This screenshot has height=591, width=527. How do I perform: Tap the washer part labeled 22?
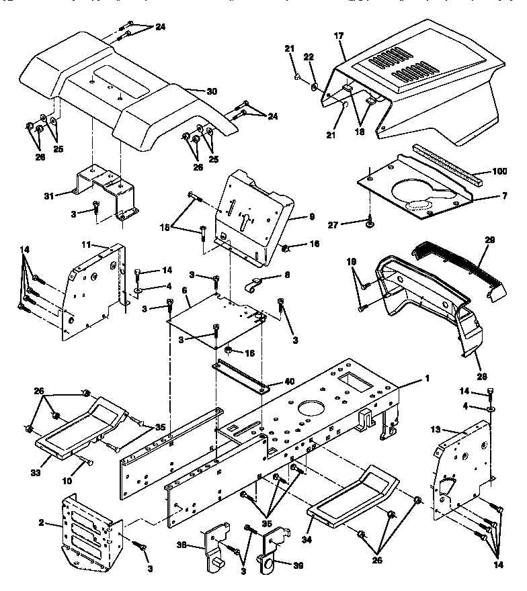315,87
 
